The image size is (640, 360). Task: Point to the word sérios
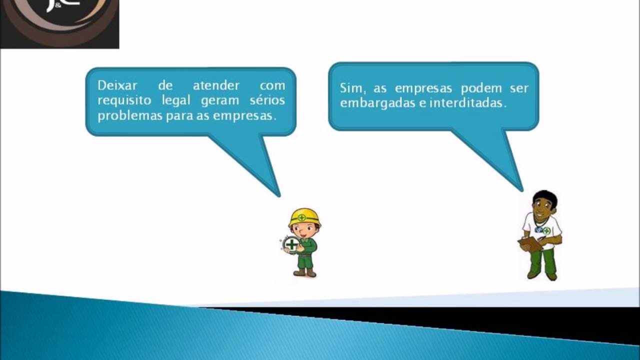267,100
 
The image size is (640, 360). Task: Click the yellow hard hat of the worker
304,216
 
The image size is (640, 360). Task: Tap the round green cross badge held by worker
290,244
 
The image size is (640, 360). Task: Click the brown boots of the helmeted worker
304,272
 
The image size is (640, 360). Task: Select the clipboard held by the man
530,244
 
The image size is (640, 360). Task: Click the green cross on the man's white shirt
546,230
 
